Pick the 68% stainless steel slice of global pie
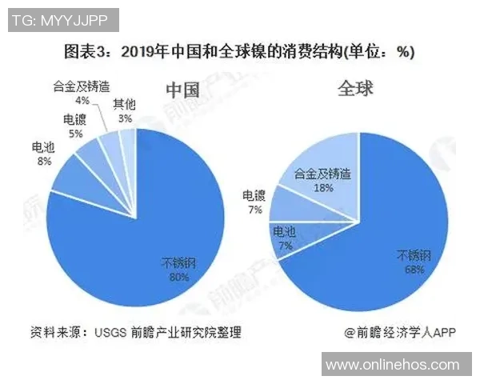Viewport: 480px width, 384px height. pos(376,264)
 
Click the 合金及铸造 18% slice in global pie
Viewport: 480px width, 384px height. pos(320,164)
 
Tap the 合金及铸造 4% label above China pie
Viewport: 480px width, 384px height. pos(81,95)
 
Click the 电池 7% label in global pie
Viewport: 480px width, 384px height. pos(284,238)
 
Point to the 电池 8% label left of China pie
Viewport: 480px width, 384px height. pos(42,154)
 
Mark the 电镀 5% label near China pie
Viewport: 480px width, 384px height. pos(74,128)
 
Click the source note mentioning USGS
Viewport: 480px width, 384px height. pos(135,332)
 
